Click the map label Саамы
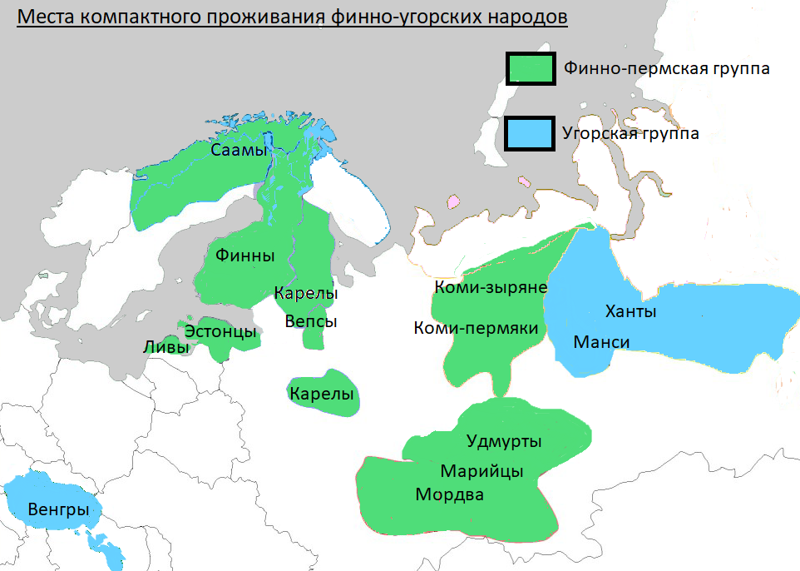coord(240,151)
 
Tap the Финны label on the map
coord(244,256)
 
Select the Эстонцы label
coord(220,331)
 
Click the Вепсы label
coord(311,321)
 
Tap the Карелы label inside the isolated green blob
coord(322,394)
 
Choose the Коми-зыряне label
coord(490,287)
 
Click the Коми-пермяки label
coord(476,329)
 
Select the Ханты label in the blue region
coord(630,312)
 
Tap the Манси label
coord(601,342)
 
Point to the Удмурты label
coord(504,440)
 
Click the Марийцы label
coord(482,471)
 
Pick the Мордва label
coord(449,494)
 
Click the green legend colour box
coord(531,68)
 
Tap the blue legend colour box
coord(531,133)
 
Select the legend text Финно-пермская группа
coord(666,68)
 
